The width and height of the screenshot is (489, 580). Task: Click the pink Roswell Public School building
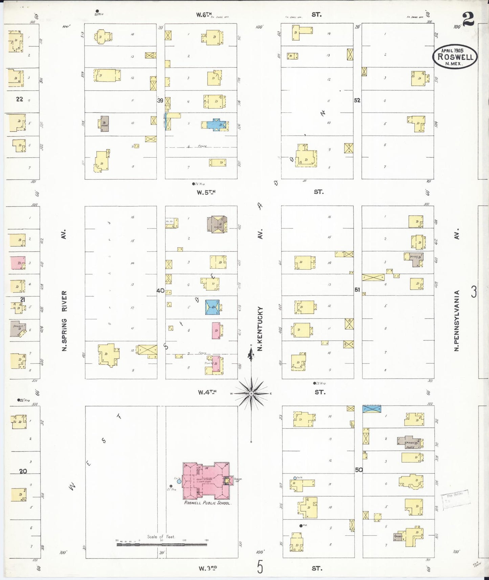click(x=206, y=481)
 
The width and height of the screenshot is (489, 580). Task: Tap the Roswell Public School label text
click(x=207, y=503)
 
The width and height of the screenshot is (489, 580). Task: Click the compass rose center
click(x=251, y=394)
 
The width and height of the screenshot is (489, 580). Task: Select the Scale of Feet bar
click(x=162, y=544)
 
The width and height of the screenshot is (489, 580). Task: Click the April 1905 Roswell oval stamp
click(x=455, y=57)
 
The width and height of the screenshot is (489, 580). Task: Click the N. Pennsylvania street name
click(x=457, y=320)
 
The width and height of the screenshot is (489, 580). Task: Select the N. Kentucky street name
click(x=260, y=328)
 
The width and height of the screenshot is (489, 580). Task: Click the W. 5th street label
click(x=206, y=192)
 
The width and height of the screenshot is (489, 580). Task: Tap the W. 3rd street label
click(x=207, y=568)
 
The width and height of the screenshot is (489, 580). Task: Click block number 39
click(x=160, y=101)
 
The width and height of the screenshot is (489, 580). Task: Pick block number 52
click(x=357, y=101)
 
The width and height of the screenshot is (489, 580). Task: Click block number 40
click(x=160, y=291)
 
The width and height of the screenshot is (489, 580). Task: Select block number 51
click(x=357, y=290)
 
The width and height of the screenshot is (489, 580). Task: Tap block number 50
click(x=359, y=470)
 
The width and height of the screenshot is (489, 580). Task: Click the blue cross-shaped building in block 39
click(x=216, y=124)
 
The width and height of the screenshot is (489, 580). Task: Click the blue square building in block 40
click(x=212, y=307)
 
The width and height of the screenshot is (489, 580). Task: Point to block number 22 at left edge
click(x=20, y=99)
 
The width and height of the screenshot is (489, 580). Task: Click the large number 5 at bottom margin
click(x=260, y=567)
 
